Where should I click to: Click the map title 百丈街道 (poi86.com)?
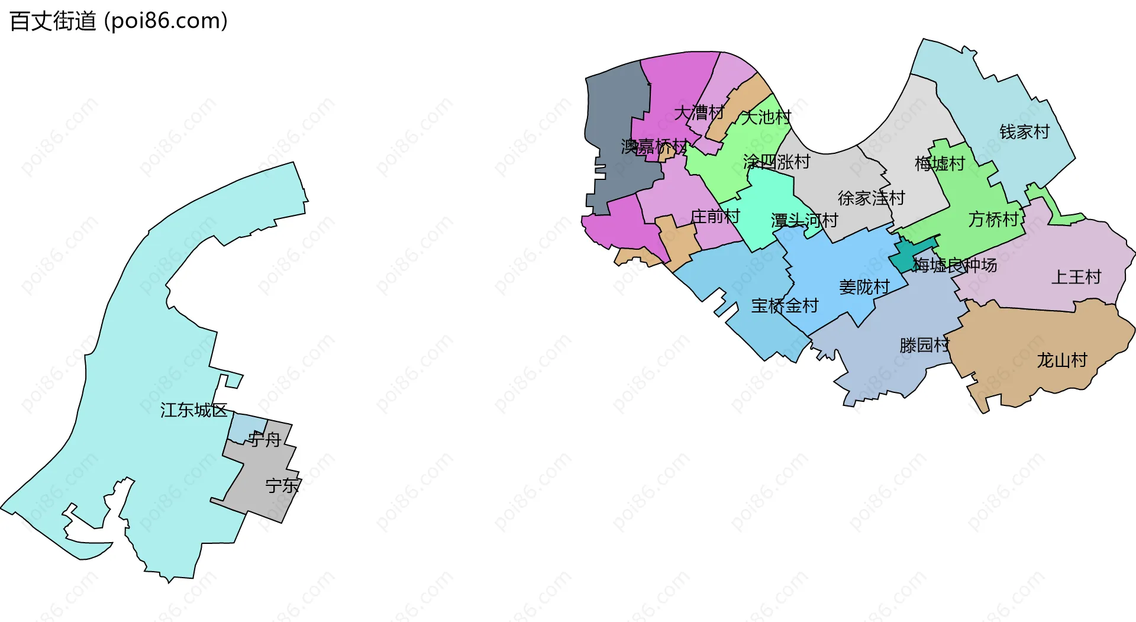tap(118, 21)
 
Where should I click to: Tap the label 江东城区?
tap(193, 410)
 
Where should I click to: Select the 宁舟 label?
tap(264, 440)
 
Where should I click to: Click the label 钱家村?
tap(1024, 132)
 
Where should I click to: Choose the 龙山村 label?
tap(1061, 360)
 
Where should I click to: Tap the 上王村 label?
tap(1076, 277)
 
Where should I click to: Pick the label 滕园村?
tap(924, 345)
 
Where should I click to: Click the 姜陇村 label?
tap(864, 288)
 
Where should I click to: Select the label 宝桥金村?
tap(785, 306)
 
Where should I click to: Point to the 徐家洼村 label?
tap(871, 198)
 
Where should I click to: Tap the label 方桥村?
tap(993, 220)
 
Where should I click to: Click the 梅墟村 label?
tap(940, 163)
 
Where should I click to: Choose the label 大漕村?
tap(699, 112)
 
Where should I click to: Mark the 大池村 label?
tap(766, 117)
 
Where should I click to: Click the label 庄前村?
tap(715, 217)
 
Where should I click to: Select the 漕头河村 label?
tap(804, 221)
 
